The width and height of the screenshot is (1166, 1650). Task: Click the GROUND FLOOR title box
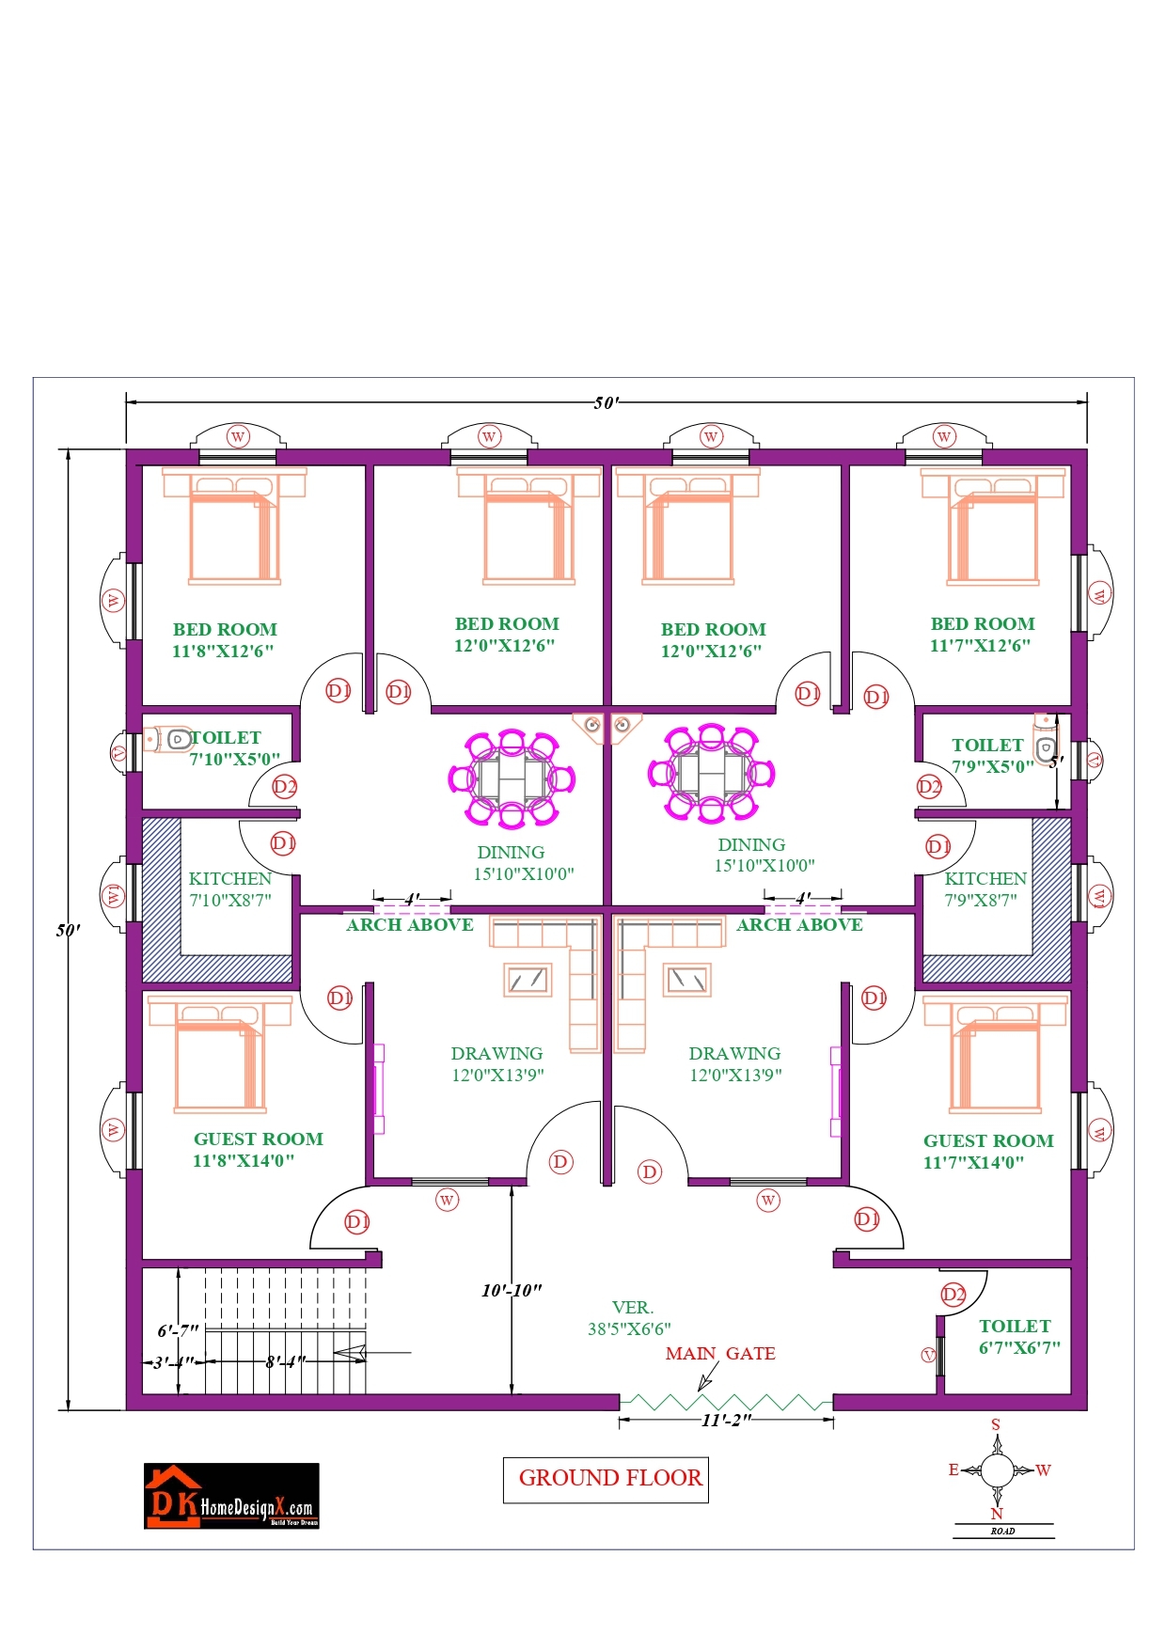[609, 1478]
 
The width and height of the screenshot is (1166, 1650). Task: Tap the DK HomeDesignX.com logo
[231, 1495]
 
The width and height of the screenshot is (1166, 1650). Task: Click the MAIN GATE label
[720, 1354]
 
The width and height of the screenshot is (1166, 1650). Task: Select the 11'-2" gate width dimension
[726, 1421]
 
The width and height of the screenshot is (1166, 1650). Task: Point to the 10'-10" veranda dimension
[512, 1290]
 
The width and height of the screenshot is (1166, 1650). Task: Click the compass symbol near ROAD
[997, 1469]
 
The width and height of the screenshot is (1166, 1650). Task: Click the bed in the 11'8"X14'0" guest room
[220, 1056]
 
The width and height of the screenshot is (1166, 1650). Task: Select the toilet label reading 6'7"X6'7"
[1019, 1337]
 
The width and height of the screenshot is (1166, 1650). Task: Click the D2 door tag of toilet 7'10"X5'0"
[285, 786]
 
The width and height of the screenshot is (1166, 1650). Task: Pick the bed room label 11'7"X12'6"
[982, 635]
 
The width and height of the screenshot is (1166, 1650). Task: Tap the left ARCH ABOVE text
[410, 925]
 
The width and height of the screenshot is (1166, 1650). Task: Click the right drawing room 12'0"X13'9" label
[735, 1064]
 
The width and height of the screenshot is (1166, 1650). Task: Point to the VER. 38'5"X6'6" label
[630, 1318]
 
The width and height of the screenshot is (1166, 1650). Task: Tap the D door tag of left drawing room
[561, 1162]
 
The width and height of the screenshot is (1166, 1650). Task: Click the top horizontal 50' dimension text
[607, 403]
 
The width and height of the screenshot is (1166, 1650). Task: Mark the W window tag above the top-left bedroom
[238, 436]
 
